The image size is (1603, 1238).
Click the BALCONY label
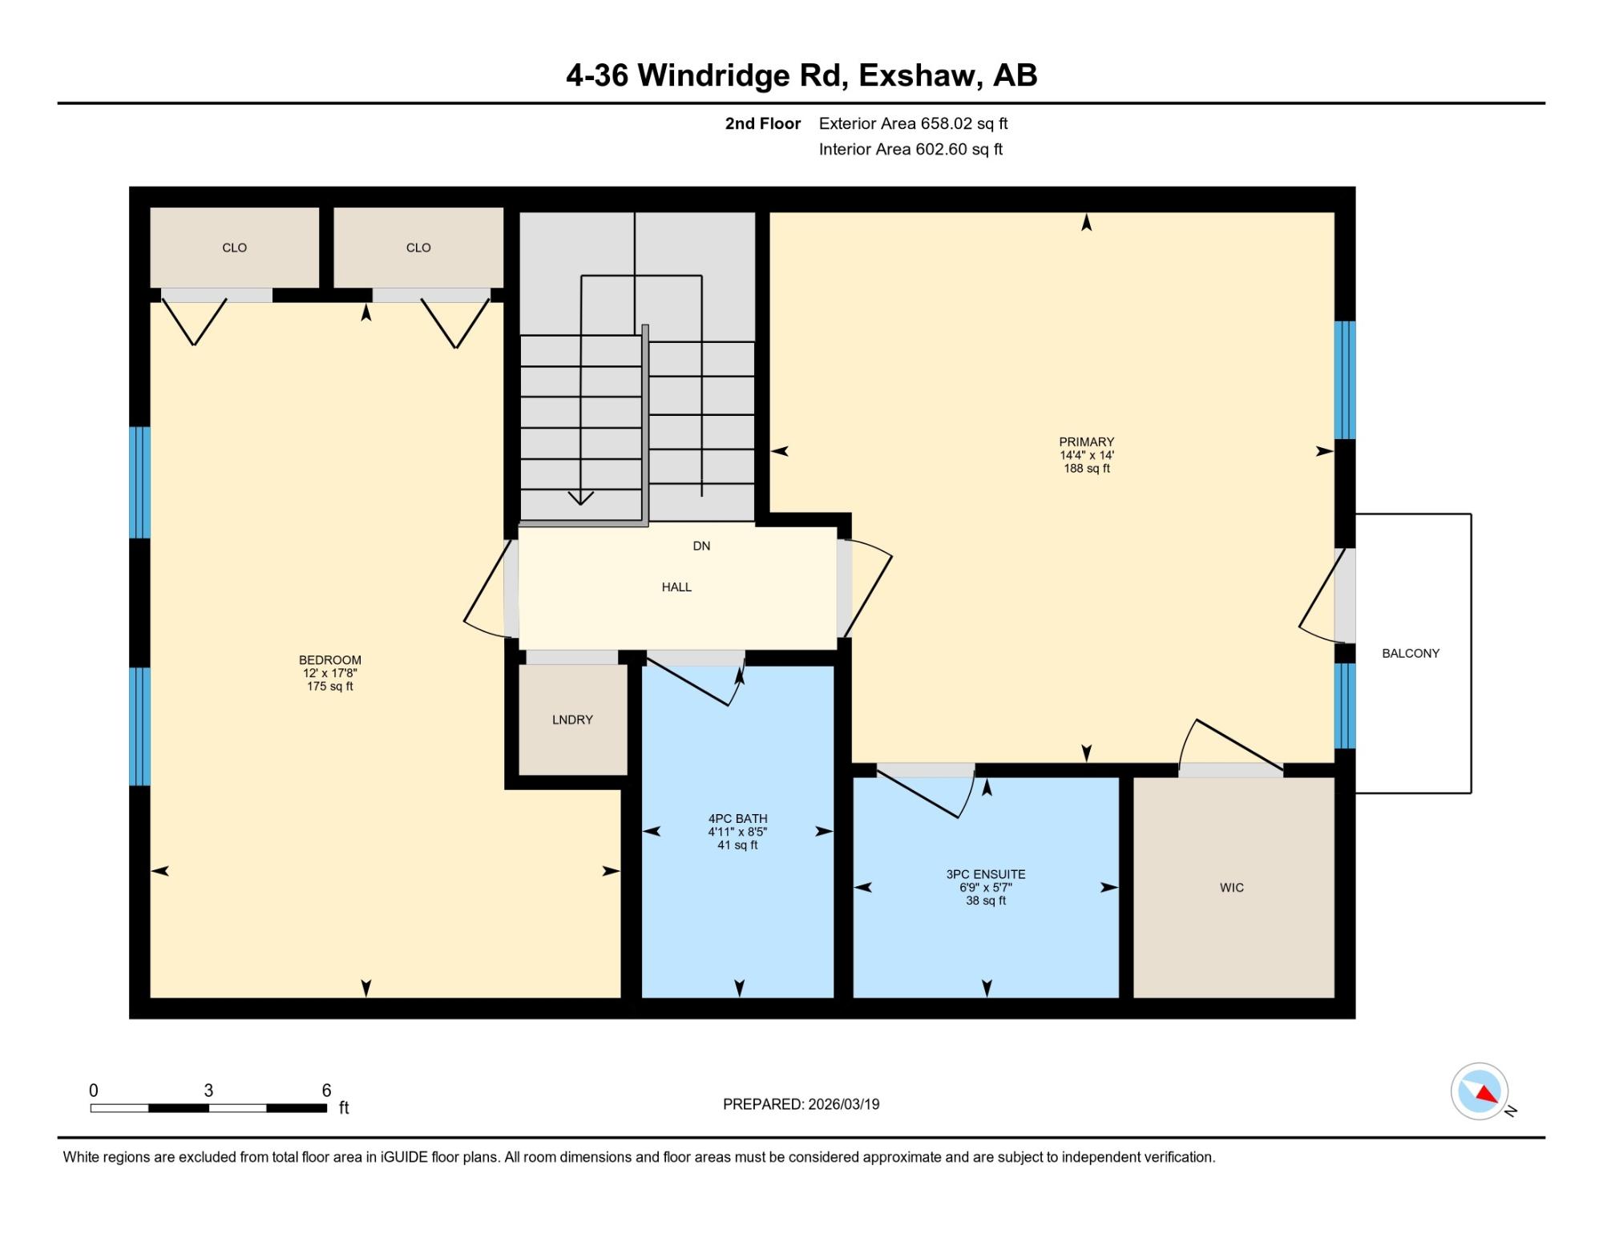[1411, 653]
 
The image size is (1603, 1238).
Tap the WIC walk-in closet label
[1232, 887]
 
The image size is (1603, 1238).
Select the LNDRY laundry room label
[572, 720]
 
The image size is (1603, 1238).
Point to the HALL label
[676, 587]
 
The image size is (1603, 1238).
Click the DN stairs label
[701, 546]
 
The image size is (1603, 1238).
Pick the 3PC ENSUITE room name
[986, 874]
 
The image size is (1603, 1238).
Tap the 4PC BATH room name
[737, 819]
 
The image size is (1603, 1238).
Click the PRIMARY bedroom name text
[1087, 442]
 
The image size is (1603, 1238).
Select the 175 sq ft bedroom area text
[330, 686]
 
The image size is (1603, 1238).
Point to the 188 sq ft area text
[1087, 468]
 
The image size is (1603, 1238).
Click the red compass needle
[1488, 1094]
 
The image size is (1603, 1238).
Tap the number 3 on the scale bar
[208, 1090]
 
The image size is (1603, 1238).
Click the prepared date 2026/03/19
[844, 1104]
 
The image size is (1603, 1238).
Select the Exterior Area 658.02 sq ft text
[913, 123]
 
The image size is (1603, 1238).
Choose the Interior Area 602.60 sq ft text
[911, 149]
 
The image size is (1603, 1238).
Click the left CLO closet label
[234, 248]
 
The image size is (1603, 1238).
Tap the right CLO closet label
[418, 248]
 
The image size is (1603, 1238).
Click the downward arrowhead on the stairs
[580, 498]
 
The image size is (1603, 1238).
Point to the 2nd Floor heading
[763, 123]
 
